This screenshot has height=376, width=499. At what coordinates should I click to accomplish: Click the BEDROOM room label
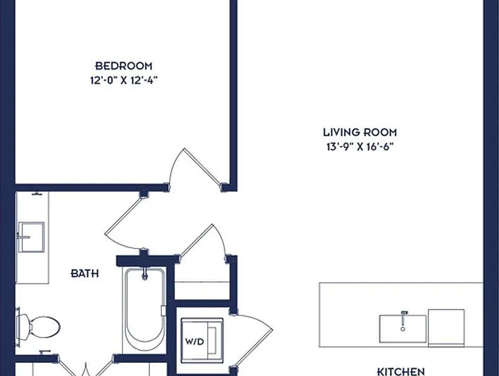pos(124,66)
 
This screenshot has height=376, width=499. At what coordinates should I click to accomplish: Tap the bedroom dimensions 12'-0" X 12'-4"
pos(124,80)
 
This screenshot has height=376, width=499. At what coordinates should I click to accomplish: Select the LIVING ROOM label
pos(360,132)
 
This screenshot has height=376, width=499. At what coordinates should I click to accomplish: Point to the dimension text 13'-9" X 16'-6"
pos(360,147)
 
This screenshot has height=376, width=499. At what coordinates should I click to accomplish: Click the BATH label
pos(85,274)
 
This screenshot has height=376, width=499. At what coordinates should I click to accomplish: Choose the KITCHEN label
pos(400,371)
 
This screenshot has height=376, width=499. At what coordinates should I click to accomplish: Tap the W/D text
pos(195,341)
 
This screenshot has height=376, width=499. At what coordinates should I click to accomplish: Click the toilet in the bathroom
pos(38,327)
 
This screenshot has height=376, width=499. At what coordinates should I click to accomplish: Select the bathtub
pos(145,305)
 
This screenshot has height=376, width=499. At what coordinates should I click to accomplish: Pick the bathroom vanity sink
pos(31,237)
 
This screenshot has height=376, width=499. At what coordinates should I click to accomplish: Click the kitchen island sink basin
pos(402,329)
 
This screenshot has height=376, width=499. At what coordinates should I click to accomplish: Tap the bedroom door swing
pos(194,168)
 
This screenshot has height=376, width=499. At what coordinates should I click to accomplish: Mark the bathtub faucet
pos(145,274)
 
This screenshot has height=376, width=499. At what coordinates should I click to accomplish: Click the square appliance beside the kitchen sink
pos(446,328)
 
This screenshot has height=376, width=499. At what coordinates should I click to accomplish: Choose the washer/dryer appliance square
pos(202,340)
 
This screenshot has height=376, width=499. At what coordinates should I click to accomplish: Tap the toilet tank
pos(18,327)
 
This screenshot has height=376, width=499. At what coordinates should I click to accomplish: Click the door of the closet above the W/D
pos(204,240)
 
